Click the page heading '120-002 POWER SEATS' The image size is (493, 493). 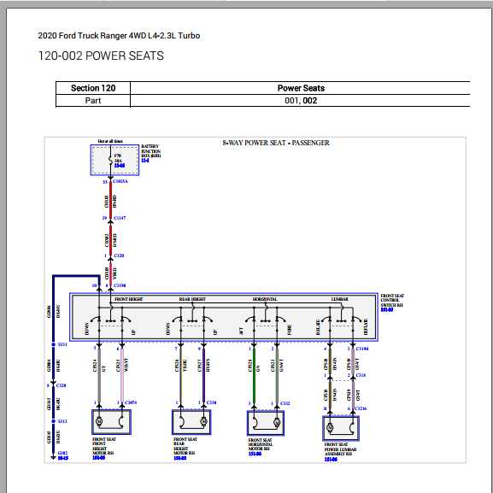point(101,56)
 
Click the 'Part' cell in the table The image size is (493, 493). point(92,101)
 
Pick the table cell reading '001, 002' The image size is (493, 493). point(301,101)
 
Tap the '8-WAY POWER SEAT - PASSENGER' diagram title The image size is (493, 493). point(275,143)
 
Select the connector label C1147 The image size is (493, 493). point(120,219)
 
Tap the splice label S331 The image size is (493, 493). point(62,344)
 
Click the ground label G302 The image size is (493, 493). point(62,453)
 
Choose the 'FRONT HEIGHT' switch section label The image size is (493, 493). point(129,300)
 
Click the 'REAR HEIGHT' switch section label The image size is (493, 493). point(192,300)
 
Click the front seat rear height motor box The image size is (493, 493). point(192,421)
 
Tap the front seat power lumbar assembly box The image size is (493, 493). point(340,426)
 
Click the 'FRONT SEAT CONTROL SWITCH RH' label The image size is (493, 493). point(391,302)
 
